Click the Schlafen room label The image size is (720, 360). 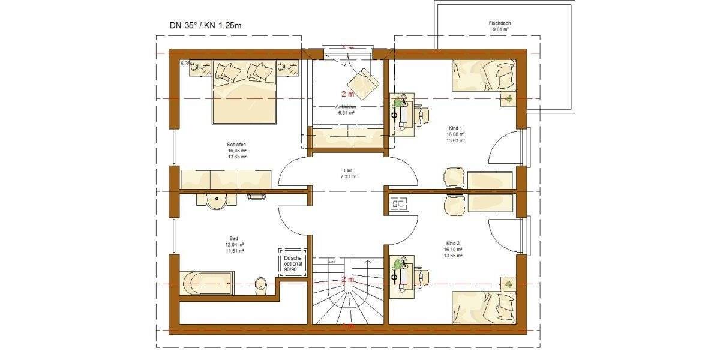(236, 145)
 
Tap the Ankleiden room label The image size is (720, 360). (346, 107)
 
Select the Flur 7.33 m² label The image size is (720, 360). (347, 170)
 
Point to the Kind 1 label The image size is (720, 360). (455, 128)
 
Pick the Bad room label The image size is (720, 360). (233, 238)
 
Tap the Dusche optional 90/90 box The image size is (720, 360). (293, 262)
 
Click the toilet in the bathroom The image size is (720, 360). (262, 284)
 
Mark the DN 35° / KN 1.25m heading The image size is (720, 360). (206, 25)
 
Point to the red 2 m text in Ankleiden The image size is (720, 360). (347, 94)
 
